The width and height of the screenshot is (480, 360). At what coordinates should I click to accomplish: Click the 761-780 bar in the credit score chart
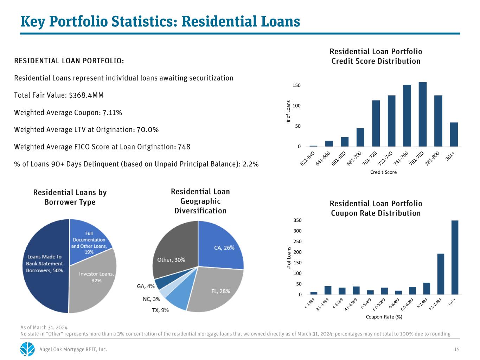423,114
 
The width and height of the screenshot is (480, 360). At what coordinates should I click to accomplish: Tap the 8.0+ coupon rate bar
455,257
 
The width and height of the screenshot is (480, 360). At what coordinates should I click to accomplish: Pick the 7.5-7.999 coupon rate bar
441,274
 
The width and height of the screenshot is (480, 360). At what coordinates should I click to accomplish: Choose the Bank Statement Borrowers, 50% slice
44,264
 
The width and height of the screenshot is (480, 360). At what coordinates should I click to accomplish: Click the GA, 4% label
146,287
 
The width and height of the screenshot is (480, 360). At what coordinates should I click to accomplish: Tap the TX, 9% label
160,310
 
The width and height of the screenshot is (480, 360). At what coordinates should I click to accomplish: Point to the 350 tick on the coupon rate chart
297,220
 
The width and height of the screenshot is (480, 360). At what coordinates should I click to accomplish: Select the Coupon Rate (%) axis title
384,317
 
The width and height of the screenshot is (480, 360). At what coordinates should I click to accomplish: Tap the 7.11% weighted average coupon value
112,112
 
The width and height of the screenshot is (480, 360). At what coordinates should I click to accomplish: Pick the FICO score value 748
184,147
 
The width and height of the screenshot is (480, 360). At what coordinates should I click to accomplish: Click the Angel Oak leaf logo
27,349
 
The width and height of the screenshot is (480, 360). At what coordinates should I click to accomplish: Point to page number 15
457,349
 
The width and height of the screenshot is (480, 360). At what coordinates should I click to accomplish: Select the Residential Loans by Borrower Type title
70,197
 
